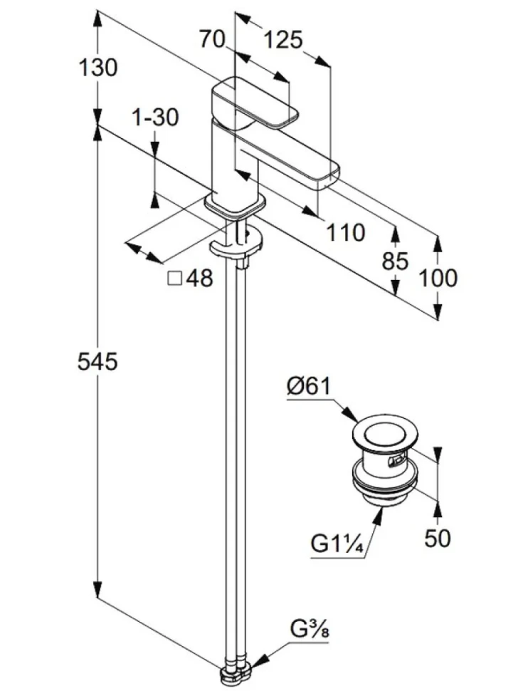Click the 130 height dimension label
pyautogui.click(x=97, y=68)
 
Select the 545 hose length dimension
pyautogui.click(x=97, y=361)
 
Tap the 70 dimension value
pyautogui.click(x=212, y=39)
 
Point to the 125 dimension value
pyautogui.click(x=283, y=40)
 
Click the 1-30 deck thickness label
pyautogui.click(x=155, y=118)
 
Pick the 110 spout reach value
pyautogui.click(x=345, y=232)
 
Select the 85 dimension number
pyautogui.click(x=395, y=261)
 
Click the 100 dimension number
pyautogui.click(x=438, y=278)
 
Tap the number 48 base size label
pyautogui.click(x=199, y=279)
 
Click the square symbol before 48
pyautogui.click(x=175, y=279)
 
